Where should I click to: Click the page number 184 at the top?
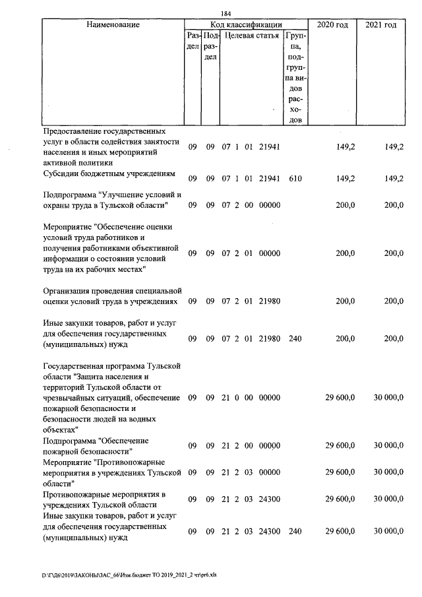click(x=226, y=13)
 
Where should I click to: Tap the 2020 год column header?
click(x=332, y=25)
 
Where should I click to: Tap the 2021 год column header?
click(x=380, y=25)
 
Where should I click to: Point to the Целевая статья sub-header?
click(x=251, y=35)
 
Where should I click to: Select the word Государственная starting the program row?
click(x=75, y=365)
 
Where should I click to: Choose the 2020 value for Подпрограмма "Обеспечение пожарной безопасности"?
click(x=340, y=446)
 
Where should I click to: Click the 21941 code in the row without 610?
click(x=270, y=146)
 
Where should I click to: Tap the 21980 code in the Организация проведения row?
click(x=270, y=301)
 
